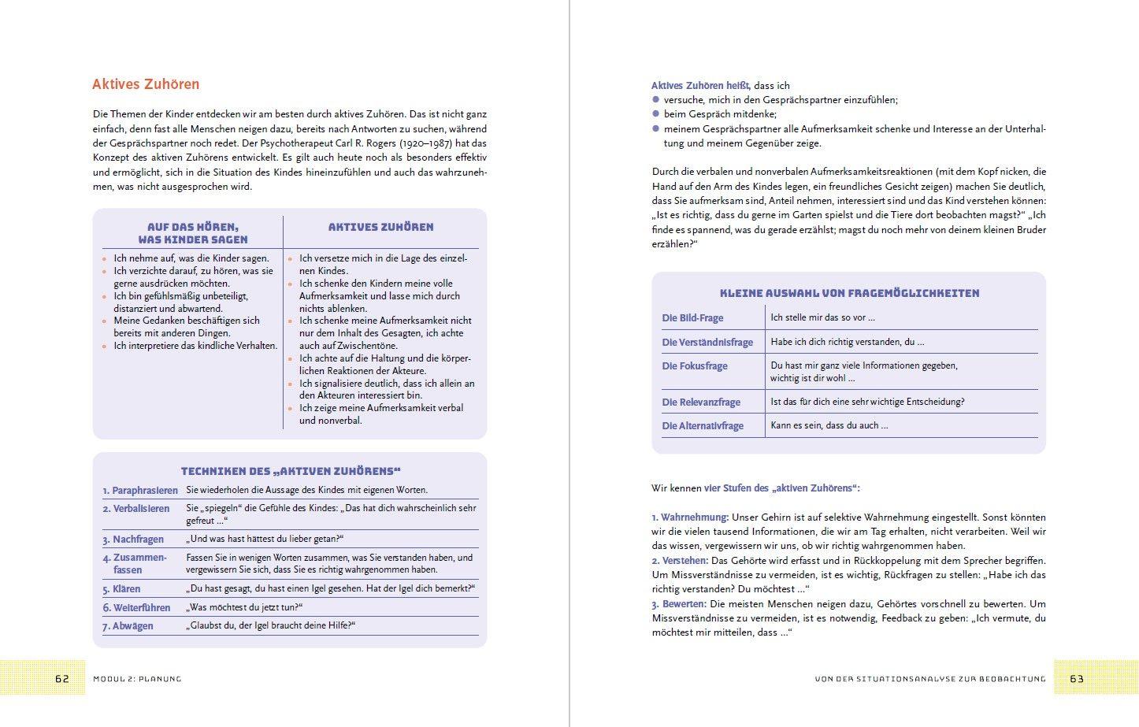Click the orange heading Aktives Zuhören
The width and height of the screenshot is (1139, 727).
(x=146, y=84)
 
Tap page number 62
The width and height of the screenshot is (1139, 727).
(x=62, y=678)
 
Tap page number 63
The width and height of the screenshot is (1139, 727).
(x=1076, y=678)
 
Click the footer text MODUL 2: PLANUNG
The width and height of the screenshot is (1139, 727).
(x=137, y=679)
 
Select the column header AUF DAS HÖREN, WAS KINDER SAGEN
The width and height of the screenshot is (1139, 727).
(x=192, y=233)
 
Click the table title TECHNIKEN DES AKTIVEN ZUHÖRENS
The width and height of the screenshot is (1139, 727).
(x=291, y=471)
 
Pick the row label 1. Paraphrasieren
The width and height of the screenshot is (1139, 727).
(x=140, y=490)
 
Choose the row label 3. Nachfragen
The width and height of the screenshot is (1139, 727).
(x=133, y=540)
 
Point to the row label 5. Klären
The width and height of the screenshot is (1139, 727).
(x=121, y=589)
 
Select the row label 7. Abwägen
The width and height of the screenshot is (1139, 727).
(x=128, y=626)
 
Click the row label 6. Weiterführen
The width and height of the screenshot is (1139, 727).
(x=136, y=608)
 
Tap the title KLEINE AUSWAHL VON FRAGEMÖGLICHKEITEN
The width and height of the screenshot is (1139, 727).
(x=849, y=293)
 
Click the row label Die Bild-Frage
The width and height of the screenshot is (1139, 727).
(x=692, y=318)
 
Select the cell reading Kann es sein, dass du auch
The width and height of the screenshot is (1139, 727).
(x=829, y=425)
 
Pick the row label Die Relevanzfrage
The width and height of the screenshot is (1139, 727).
(x=701, y=402)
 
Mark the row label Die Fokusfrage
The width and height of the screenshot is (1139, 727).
(x=695, y=366)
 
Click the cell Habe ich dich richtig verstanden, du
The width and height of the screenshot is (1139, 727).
(x=847, y=342)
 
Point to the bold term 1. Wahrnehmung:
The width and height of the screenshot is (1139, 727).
(x=689, y=517)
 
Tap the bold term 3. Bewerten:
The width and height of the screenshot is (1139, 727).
(x=678, y=604)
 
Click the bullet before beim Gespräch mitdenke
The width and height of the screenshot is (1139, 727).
(x=655, y=114)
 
